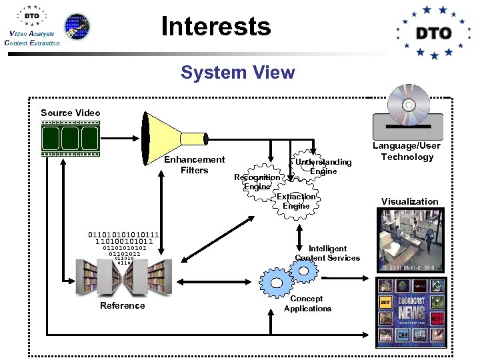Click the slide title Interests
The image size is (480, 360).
click(216, 27)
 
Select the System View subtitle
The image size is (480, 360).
click(237, 72)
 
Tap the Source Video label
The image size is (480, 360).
click(70, 113)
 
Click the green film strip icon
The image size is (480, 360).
click(70, 139)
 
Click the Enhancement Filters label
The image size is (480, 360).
click(194, 165)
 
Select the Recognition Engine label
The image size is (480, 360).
click(257, 182)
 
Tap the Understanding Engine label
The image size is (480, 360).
click(323, 167)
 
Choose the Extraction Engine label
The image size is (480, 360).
click(296, 201)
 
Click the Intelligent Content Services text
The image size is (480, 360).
click(327, 253)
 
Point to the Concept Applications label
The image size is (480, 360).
click(307, 303)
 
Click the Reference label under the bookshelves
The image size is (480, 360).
click(122, 305)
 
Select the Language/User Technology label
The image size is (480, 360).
click(407, 151)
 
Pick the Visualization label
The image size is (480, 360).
click(409, 201)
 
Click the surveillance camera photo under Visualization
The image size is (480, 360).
click(409, 238)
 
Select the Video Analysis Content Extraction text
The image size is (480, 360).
click(31, 39)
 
